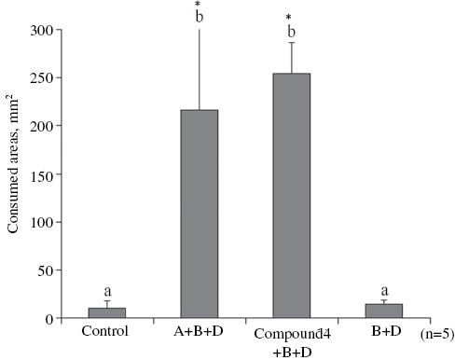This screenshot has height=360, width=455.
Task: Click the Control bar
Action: tap(106, 313)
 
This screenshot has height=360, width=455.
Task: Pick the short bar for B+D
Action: tap(383, 312)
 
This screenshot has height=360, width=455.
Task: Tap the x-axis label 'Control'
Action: tap(106, 331)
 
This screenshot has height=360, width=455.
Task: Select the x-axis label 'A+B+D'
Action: tap(199, 331)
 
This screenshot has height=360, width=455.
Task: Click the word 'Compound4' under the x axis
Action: tap(291, 332)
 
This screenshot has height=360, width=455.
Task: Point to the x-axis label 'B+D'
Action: tap(383, 331)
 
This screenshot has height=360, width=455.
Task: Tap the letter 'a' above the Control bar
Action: tap(106, 292)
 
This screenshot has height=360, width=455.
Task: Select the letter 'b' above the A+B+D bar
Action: tap(198, 17)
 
